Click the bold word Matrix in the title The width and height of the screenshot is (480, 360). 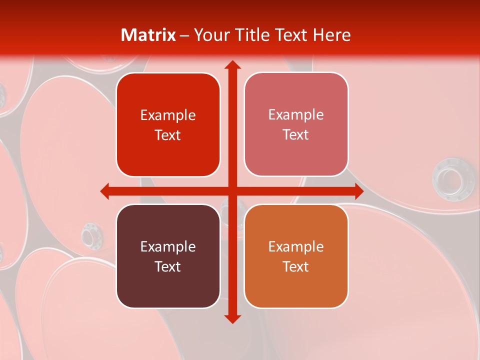[x=148, y=35]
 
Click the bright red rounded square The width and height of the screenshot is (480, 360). [x=168, y=124]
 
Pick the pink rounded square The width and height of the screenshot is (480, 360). [x=296, y=124]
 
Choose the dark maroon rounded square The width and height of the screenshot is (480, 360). [x=168, y=256]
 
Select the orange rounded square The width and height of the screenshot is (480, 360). [x=296, y=256]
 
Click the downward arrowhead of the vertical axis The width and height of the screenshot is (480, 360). [x=232, y=318]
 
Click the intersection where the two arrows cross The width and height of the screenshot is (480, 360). [x=232, y=191]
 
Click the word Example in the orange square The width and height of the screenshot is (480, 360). [x=296, y=246]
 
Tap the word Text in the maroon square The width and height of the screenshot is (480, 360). [x=168, y=266]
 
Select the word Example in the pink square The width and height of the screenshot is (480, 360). [x=296, y=114]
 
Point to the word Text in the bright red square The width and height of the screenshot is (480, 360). [x=168, y=135]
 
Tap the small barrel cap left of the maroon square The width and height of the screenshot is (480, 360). [x=90, y=234]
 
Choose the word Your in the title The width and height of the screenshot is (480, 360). [x=210, y=35]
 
